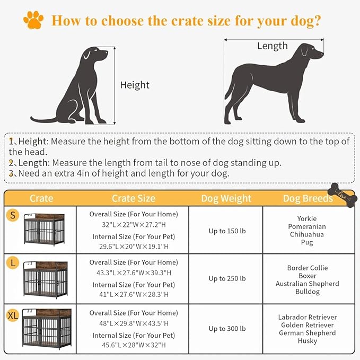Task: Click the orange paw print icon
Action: tap(33, 20)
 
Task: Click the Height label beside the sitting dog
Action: tap(135, 85)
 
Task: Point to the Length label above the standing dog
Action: tap(272, 46)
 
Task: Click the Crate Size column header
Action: tap(133, 198)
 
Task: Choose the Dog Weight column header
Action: tap(226, 198)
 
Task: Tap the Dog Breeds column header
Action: tap(308, 198)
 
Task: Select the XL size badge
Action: tap(13, 315)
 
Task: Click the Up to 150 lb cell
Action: tap(227, 231)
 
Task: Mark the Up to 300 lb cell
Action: tap(227, 329)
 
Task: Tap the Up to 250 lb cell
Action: tap(227, 278)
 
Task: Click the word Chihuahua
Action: tap(306, 234)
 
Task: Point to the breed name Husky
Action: tap(307, 341)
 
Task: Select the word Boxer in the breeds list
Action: tap(307, 276)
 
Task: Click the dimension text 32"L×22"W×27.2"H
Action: tap(133, 224)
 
